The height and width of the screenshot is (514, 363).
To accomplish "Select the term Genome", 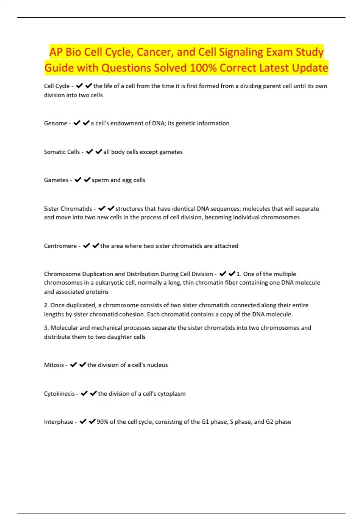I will pyautogui.click(x=55, y=123).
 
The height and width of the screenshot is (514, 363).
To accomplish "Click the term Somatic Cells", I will pyautogui.click(x=62, y=152).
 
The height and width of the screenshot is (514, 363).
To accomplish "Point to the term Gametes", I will pyautogui.click(x=56, y=180).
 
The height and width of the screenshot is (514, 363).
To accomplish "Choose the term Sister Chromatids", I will pyautogui.click(x=68, y=209).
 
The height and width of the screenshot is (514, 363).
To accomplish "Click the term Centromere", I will pyautogui.click(x=60, y=246).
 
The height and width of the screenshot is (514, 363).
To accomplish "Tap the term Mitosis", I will pyautogui.click(x=54, y=365).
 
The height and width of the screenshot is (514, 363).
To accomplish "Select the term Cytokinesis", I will pyautogui.click(x=59, y=394).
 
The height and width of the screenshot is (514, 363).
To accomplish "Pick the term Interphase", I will pyautogui.click(x=58, y=422).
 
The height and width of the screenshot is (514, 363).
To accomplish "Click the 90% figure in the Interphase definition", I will pyautogui.click(x=102, y=422).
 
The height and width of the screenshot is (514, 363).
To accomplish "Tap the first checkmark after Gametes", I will pyautogui.click(x=78, y=180).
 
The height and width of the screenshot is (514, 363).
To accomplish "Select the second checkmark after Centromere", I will pyautogui.click(x=96, y=246).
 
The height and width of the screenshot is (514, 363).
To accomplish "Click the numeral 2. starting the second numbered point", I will pyautogui.click(x=46, y=305).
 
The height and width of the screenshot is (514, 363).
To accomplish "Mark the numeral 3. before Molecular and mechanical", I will pyautogui.click(x=46, y=328).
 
